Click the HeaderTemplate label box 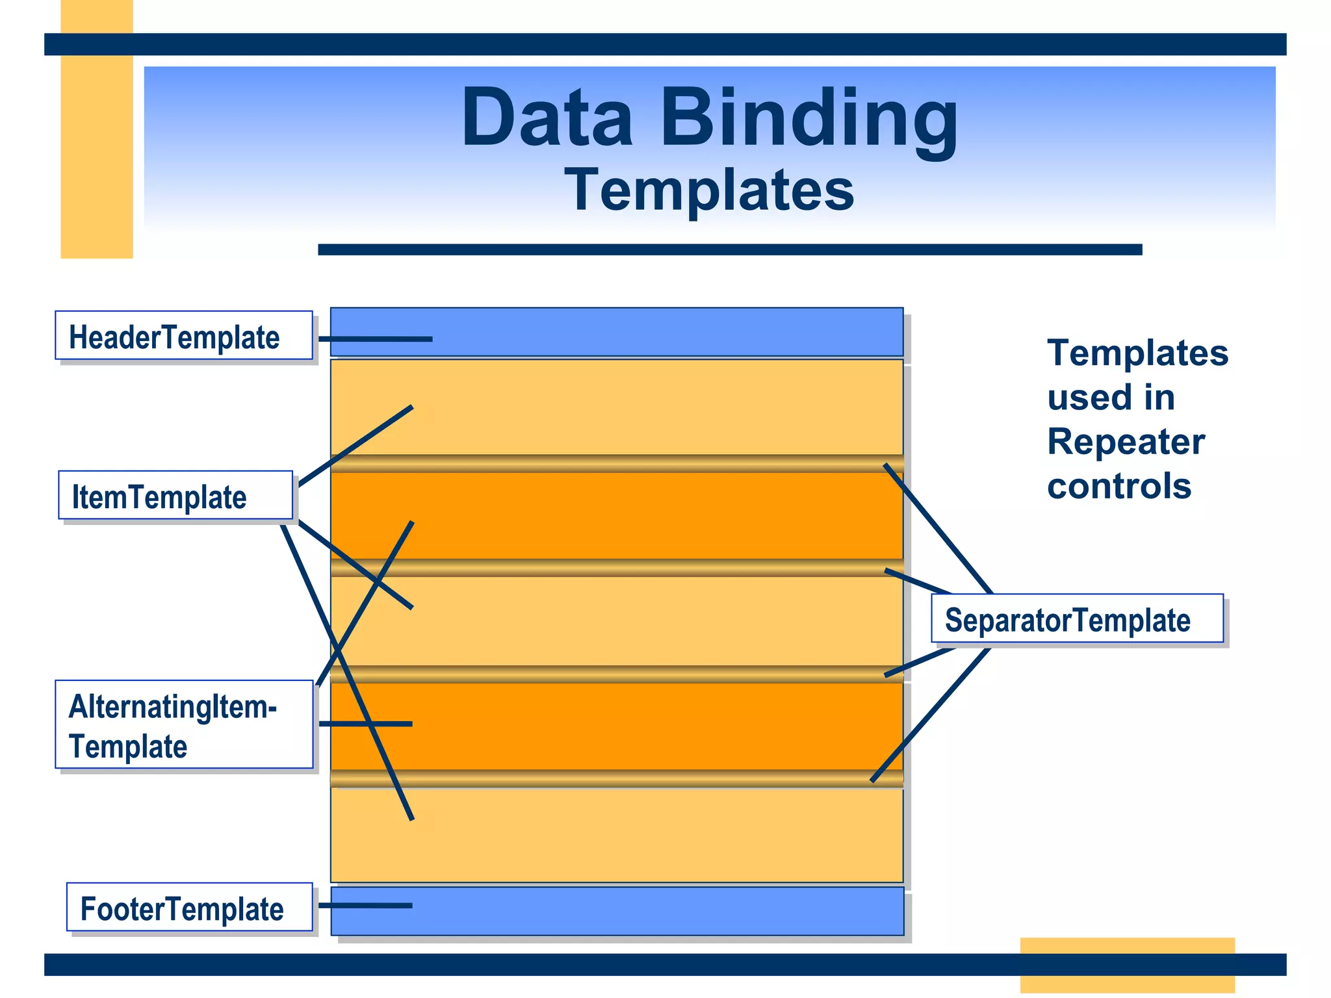pos(183,335)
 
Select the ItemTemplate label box pos(175,495)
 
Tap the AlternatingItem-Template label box pos(183,724)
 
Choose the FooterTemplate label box pos(189,907)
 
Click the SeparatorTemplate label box pos(1076,619)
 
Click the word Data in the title pos(546,120)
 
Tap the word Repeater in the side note pos(1126,442)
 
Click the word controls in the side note pos(1119,486)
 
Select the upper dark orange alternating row pos(650,515)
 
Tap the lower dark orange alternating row pos(650,726)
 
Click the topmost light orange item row pos(650,406)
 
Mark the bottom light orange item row pos(650,835)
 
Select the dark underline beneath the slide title pos(729,249)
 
